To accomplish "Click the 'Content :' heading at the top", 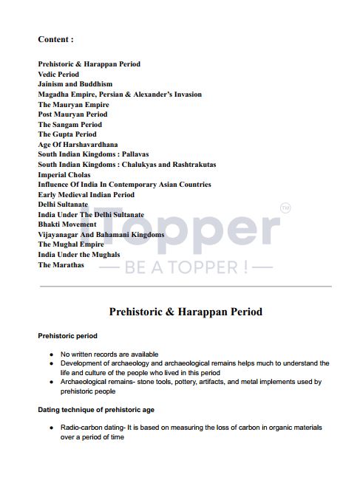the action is click(x=55, y=38).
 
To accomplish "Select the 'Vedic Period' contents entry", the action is click(x=58, y=75).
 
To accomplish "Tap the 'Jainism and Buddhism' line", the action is click(x=75, y=84).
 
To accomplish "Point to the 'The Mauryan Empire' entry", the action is click(x=73, y=105).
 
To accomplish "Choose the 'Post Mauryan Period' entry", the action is click(x=72, y=114).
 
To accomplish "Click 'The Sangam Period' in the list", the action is click(x=69, y=125).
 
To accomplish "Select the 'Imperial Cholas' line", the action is click(x=64, y=175).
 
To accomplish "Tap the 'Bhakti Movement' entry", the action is click(x=67, y=224).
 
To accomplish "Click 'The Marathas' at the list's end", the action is click(x=61, y=264).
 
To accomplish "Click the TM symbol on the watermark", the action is click(x=286, y=210).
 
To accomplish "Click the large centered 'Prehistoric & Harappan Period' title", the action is click(x=186, y=312).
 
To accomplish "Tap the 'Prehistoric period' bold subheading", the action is click(x=67, y=336).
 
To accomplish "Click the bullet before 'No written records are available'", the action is click(x=51, y=354).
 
